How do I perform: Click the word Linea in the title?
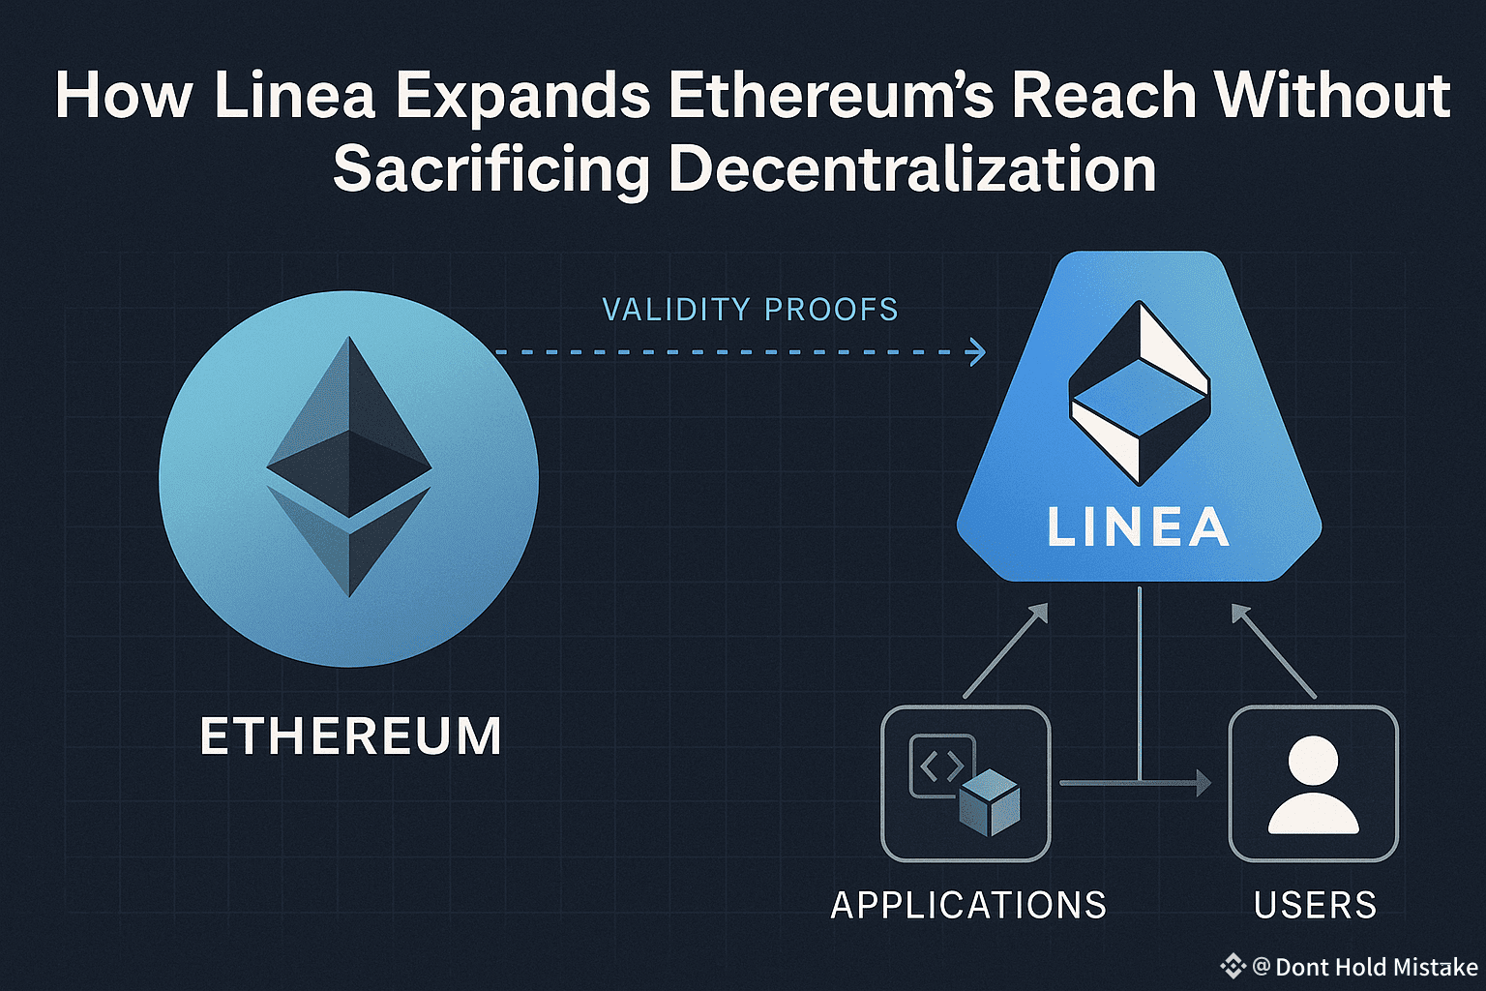[x=294, y=96]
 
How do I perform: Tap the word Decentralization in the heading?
[x=912, y=169]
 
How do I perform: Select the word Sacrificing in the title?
[x=490, y=169]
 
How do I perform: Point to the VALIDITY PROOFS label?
[x=750, y=310]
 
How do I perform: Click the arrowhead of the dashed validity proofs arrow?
[x=978, y=352]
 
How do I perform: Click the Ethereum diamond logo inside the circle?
[x=348, y=465]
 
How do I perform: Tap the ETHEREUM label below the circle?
[x=350, y=736]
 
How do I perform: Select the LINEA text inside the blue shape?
[x=1139, y=528]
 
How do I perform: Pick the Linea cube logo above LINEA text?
[x=1139, y=392]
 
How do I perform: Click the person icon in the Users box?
[x=1313, y=785]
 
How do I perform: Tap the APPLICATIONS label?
[x=968, y=906]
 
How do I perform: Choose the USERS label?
[x=1315, y=906]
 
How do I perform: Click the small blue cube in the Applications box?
[x=990, y=802]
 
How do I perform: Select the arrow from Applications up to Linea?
[x=1006, y=650]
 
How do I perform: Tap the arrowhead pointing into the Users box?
[x=1204, y=782]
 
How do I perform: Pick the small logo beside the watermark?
[x=1233, y=966]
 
